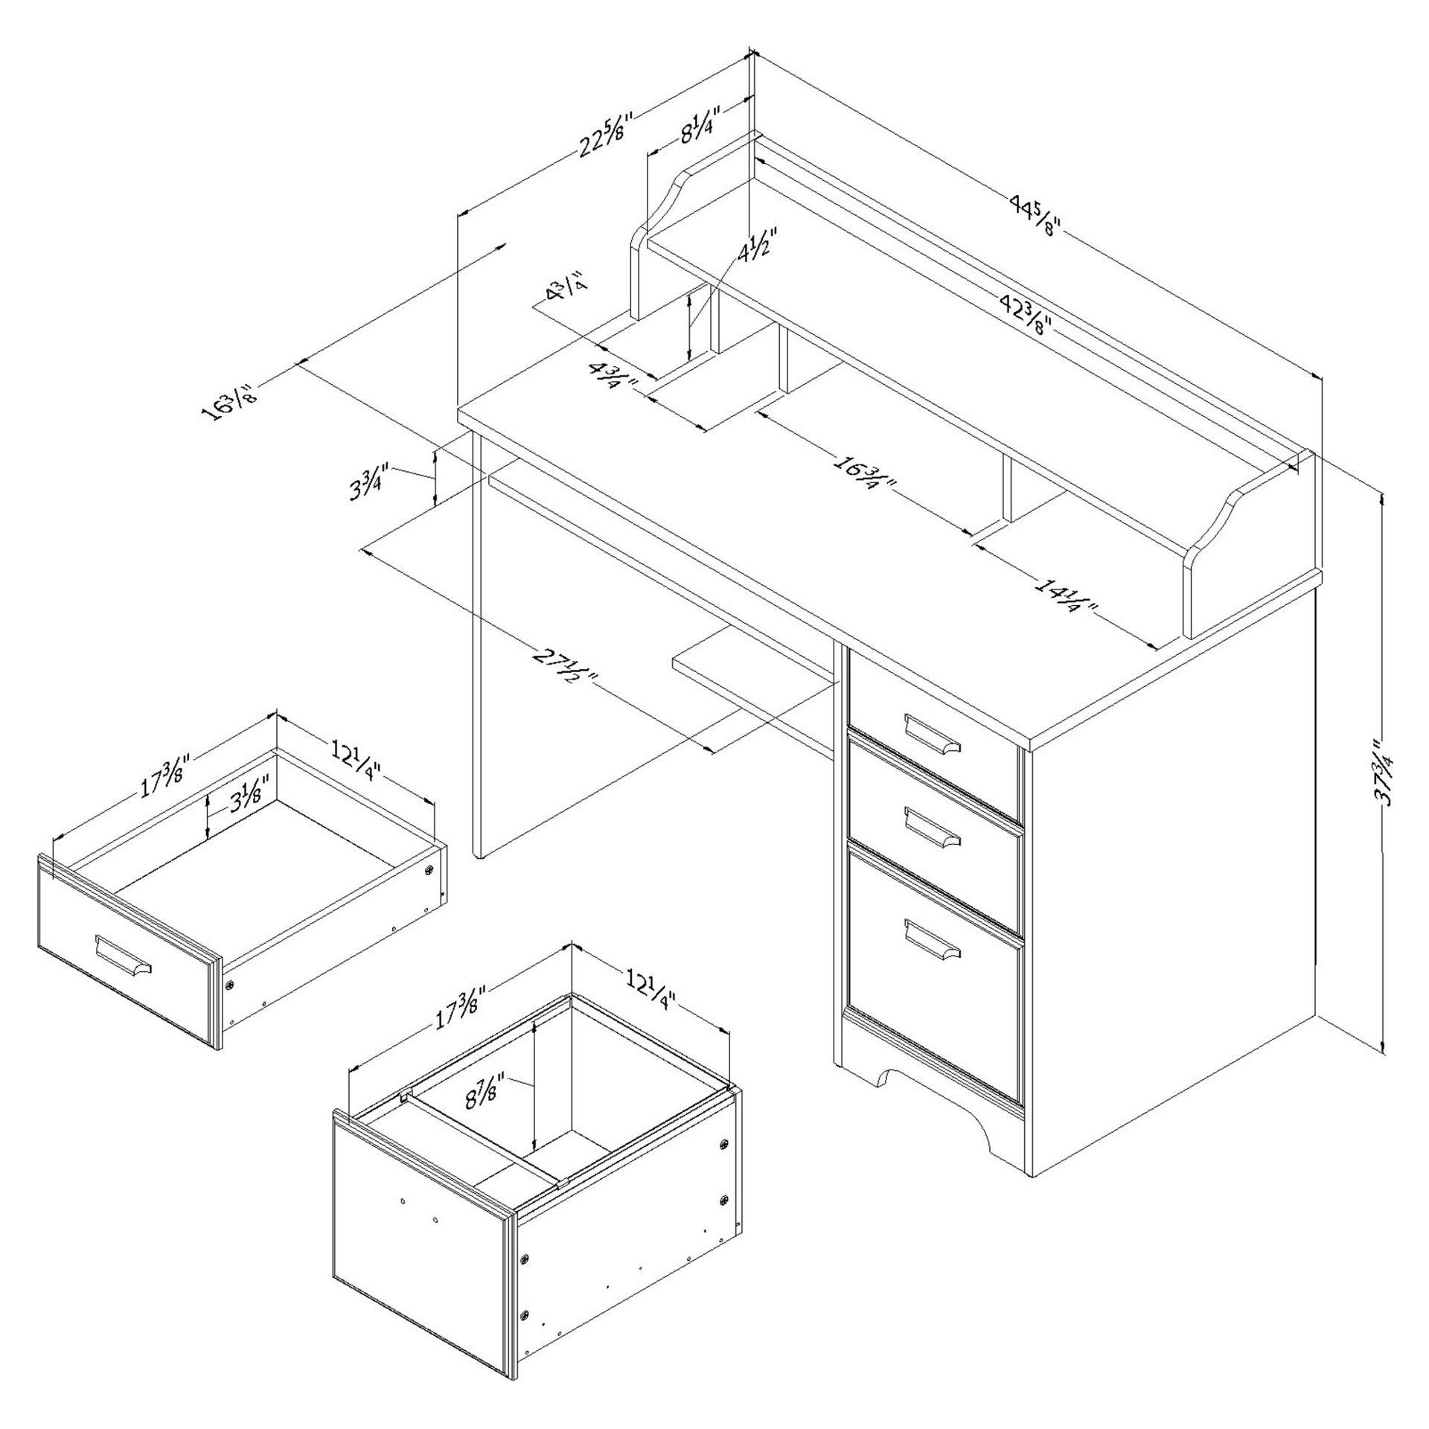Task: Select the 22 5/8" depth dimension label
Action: pyautogui.click(x=606, y=135)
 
